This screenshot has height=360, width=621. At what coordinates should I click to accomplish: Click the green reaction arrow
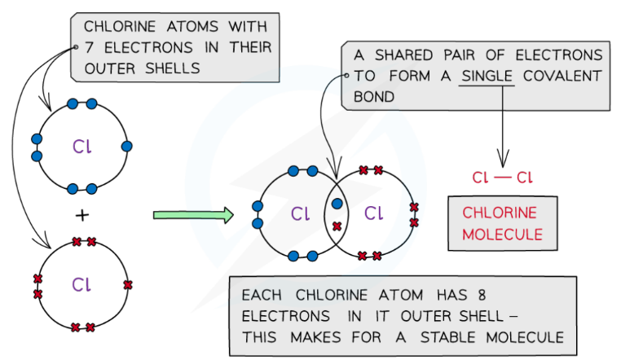coord(192,215)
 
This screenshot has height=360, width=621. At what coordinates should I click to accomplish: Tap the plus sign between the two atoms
coord(81,215)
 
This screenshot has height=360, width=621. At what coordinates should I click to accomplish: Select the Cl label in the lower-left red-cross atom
coord(81,284)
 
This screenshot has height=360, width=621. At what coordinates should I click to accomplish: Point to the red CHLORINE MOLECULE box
coord(500,223)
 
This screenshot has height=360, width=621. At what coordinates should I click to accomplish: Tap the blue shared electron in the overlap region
coord(336,204)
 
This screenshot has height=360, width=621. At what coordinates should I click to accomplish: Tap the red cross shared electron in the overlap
coord(336,224)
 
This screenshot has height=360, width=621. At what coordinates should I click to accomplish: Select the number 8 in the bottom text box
coord(488,294)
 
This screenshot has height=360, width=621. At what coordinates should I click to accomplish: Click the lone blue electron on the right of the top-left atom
coord(126,147)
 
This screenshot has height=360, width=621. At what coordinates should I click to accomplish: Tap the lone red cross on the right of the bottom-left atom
coord(126,284)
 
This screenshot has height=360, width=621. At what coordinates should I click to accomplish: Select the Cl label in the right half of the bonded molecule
coord(373,214)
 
